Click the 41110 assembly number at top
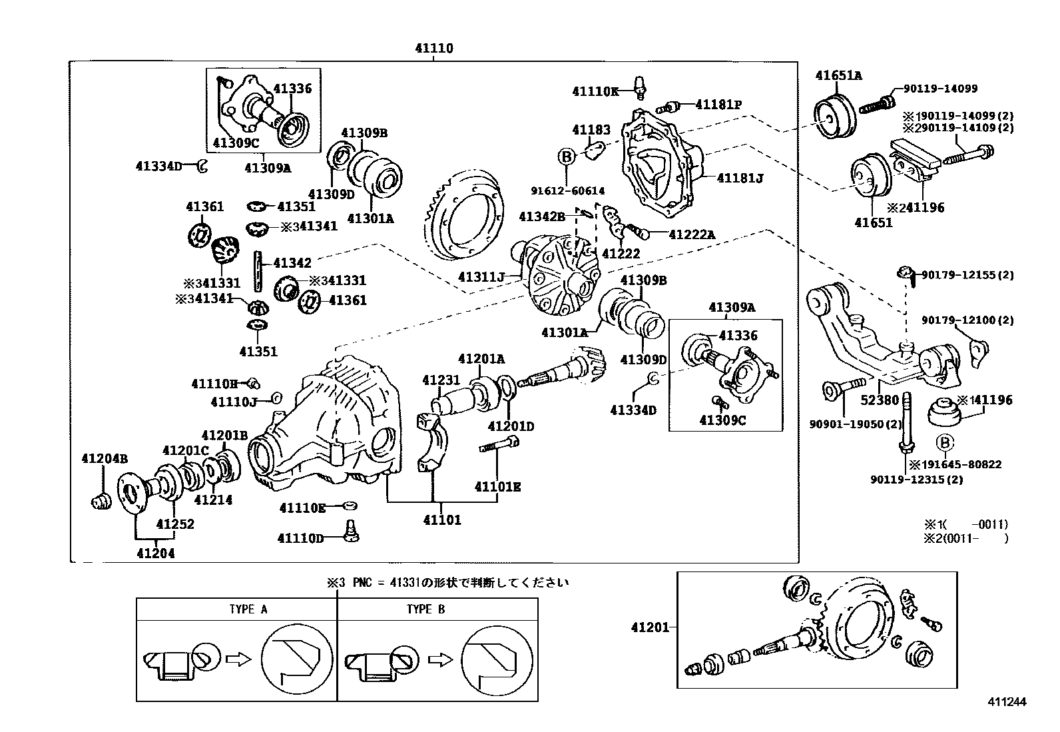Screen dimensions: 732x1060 [433, 49]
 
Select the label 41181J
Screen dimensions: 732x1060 [740, 179]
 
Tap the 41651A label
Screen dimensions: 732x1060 [838, 75]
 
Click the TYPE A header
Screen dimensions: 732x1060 [248, 609]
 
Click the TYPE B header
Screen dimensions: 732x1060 [425, 609]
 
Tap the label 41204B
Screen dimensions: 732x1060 [105, 458]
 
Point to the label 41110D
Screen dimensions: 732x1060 [300, 538]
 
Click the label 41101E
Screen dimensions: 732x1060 [497, 487]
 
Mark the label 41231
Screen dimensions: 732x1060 [441, 380]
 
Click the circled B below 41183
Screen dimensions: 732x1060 [566, 157]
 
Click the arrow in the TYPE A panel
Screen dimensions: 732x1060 [237, 659]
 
